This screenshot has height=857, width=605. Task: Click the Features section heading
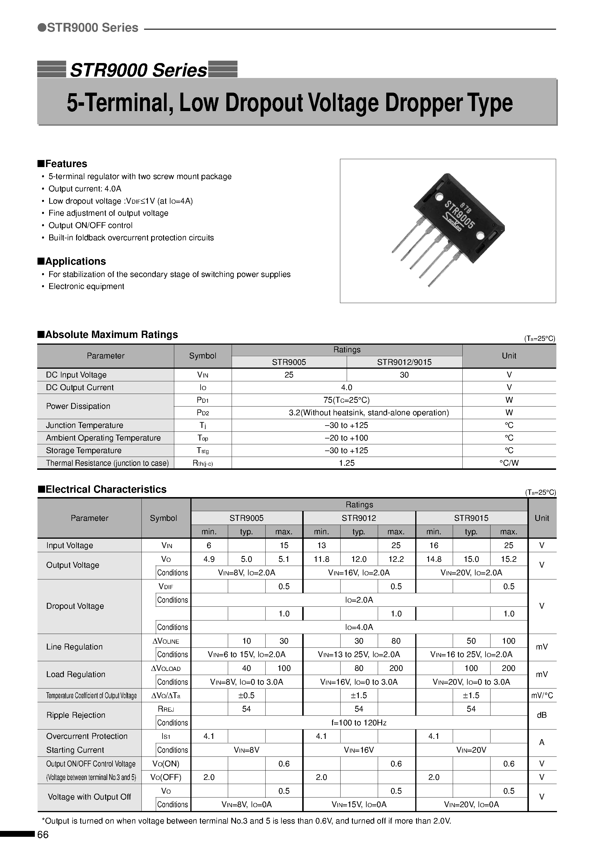62,164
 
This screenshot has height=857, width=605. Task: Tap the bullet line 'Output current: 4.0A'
85,189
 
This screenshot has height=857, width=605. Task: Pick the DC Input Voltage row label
76,375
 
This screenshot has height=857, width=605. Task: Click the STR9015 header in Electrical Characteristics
471,518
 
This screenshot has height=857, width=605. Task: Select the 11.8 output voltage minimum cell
321,559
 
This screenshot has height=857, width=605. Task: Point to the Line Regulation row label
74,647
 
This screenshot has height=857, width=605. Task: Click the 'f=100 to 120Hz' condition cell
359,723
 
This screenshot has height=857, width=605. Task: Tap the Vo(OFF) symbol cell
166,777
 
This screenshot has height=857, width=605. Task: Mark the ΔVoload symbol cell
166,669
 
